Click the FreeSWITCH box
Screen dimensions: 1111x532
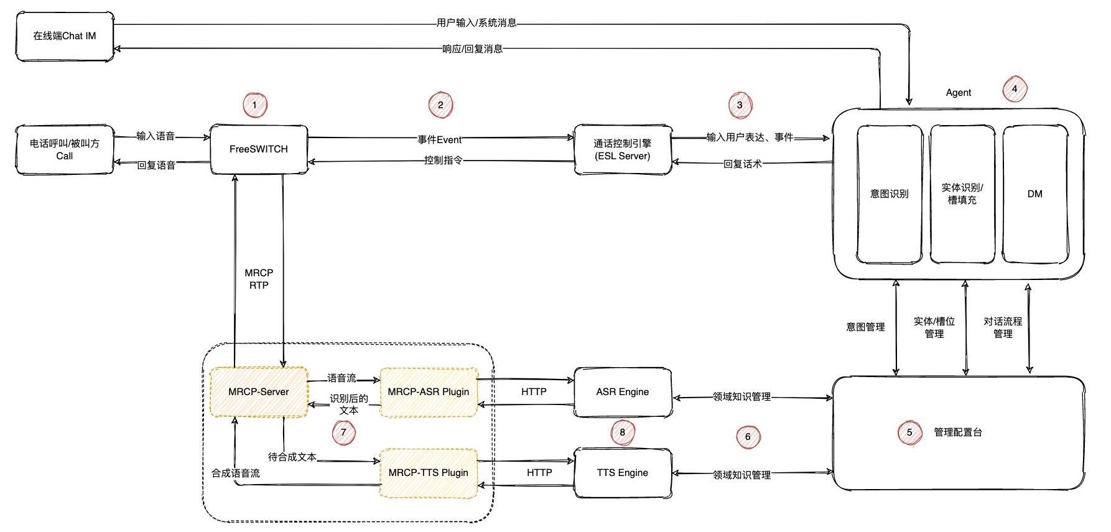tap(259, 149)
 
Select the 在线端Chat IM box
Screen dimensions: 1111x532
tap(65, 36)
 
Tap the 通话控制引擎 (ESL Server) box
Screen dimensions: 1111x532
tap(623, 149)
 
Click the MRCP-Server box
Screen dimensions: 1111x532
tap(259, 392)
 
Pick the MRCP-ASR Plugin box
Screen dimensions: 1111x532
tap(429, 392)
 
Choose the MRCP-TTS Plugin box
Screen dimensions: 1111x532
tap(429, 473)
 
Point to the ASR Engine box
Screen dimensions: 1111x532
tap(623, 392)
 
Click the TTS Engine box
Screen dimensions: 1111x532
tap(623, 473)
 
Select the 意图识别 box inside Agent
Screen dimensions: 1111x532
tap(890, 194)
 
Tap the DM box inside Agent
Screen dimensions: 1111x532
tap(1035, 194)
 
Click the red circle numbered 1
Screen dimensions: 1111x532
tap(254, 105)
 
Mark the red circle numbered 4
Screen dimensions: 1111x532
tap(1015, 89)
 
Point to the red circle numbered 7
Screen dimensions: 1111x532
tap(343, 432)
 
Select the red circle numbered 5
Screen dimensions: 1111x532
tap(909, 432)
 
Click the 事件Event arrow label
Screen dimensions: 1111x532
tap(440, 139)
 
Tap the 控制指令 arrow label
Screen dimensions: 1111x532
tap(444, 161)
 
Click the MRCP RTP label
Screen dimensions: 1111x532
tap(259, 279)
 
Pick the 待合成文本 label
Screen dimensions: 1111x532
tap(292, 457)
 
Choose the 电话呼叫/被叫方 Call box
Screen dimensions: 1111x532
tap(65, 149)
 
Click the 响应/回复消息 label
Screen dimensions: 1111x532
tap(473, 49)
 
